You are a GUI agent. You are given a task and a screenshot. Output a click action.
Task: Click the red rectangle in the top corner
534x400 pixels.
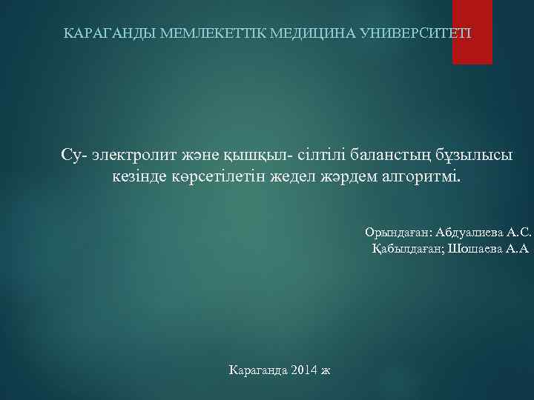472,32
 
